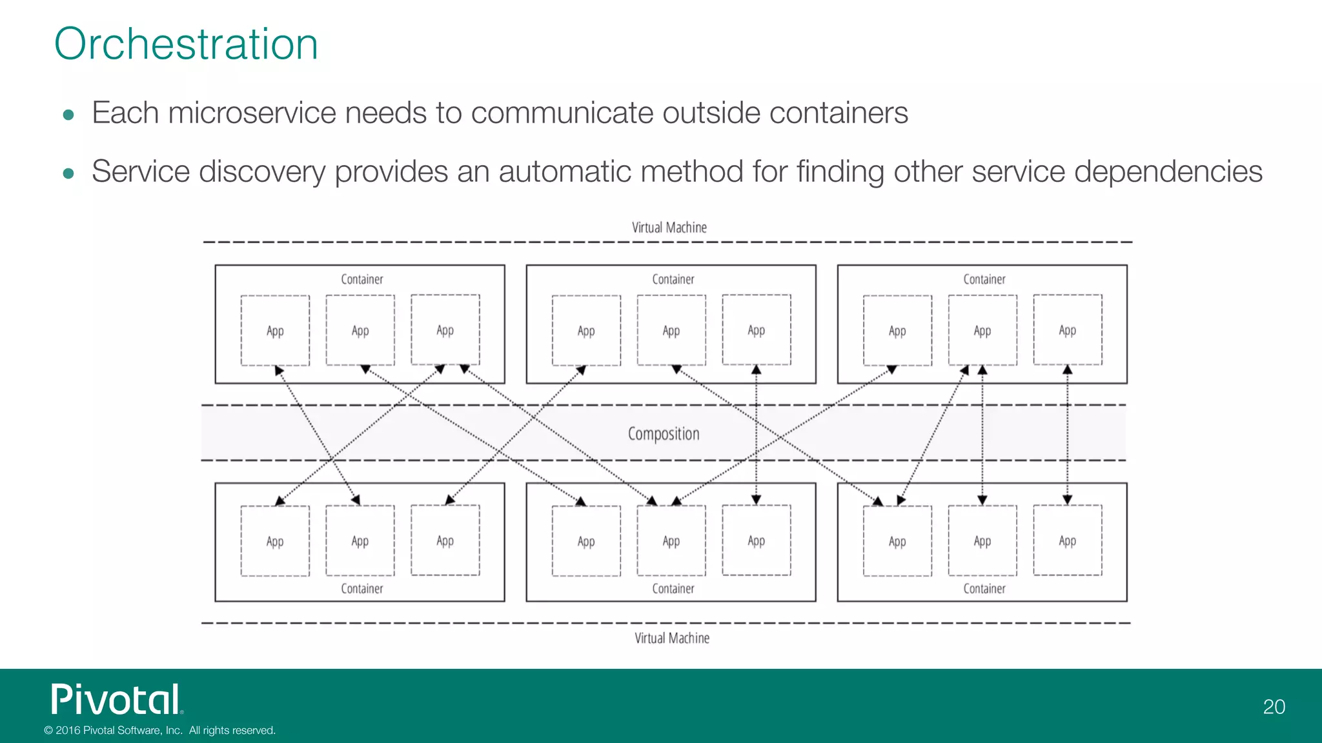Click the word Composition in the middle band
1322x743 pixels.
[664, 433]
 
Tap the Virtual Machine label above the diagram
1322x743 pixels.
[669, 228]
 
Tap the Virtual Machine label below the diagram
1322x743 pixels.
[671, 638]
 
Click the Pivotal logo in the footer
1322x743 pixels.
[117, 700]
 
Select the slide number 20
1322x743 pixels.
[1274, 707]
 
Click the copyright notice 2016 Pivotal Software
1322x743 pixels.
[159, 730]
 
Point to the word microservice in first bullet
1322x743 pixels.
[252, 114]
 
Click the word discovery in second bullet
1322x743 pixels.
[261, 172]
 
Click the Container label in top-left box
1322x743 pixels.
[361, 279]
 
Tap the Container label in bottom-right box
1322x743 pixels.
[984, 588]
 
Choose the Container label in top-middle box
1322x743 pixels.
[673, 279]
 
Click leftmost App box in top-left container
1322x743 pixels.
[275, 331]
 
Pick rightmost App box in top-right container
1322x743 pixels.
[1067, 330]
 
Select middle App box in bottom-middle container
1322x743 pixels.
[671, 541]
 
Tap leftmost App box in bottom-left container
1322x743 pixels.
[275, 541]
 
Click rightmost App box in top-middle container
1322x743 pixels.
[756, 330]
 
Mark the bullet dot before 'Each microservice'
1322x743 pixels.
[68, 115]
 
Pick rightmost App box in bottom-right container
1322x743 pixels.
[1067, 540]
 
